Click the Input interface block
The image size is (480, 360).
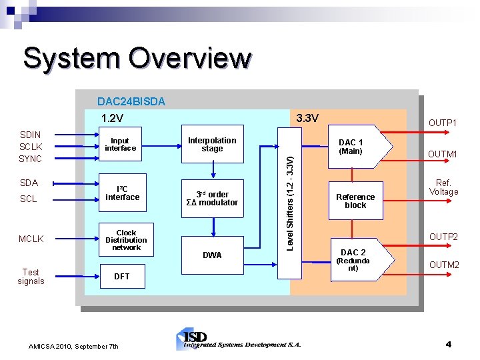coord(120,145)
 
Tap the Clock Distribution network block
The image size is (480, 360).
coord(126,240)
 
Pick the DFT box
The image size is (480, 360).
coord(122,276)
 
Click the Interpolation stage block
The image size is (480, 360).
coord(212,145)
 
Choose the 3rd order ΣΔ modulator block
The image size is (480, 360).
coord(212,199)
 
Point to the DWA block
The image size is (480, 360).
coord(212,255)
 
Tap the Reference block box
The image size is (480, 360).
coord(355,201)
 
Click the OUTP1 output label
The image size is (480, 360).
coord(443,123)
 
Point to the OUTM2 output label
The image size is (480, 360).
coord(443,265)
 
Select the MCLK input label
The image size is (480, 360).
coord(31,239)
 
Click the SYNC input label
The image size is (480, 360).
coord(31,159)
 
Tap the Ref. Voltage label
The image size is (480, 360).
coord(443,187)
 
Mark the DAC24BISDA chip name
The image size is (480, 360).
coord(131,102)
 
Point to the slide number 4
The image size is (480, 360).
coord(448,345)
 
